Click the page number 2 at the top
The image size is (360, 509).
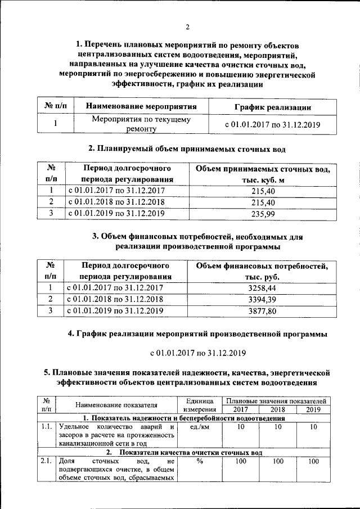187,26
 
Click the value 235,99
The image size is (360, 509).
263,213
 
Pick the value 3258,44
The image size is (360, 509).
263,287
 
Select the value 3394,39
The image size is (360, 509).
263,299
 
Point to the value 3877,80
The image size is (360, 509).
263,310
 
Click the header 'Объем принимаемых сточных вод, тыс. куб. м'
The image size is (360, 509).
263,174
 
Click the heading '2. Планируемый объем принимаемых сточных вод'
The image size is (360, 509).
187,149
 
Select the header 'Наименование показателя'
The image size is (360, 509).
116,405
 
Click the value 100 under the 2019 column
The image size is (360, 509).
313,462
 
